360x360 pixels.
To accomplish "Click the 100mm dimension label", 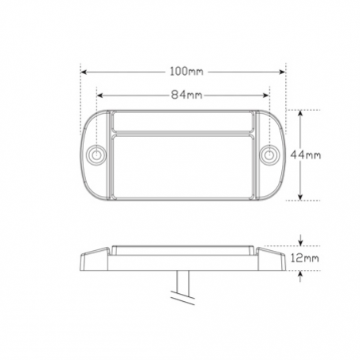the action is point(186,72).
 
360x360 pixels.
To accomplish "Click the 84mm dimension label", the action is point(186,95).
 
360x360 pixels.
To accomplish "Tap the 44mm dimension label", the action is point(305,155).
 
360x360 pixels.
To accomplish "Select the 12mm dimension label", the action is point(304,258).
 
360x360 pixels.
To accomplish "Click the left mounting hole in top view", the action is point(96,155).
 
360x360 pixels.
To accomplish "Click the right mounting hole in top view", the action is point(268,155).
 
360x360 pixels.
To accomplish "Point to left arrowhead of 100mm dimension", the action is point(84,72).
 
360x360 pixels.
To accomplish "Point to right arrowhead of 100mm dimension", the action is point(282,72).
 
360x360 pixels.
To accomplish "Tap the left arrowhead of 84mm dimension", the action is point(100,96).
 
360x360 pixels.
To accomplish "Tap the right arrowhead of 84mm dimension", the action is point(265,96).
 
